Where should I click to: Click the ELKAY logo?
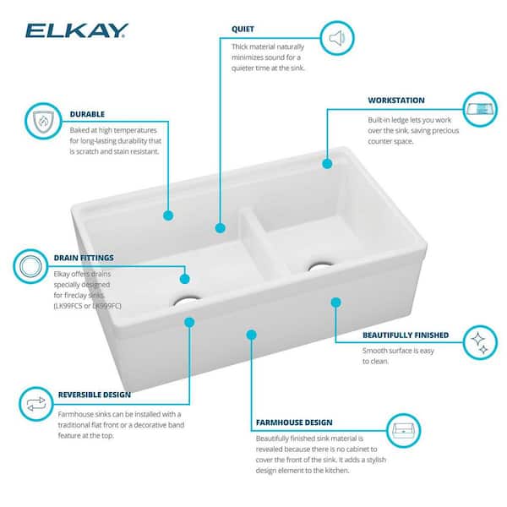tap(76, 31)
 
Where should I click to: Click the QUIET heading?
tap(243, 29)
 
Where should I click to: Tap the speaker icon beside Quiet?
tap(336, 38)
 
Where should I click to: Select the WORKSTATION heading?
tap(396, 100)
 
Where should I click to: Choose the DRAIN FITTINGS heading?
tap(83, 258)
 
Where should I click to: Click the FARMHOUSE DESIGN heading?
tap(294, 422)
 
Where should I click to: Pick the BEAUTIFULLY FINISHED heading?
tap(406, 335)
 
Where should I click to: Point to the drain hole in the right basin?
tap(320, 266)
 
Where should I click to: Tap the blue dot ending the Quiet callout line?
tap(220, 227)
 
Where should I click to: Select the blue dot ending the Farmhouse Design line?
tap(251, 335)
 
